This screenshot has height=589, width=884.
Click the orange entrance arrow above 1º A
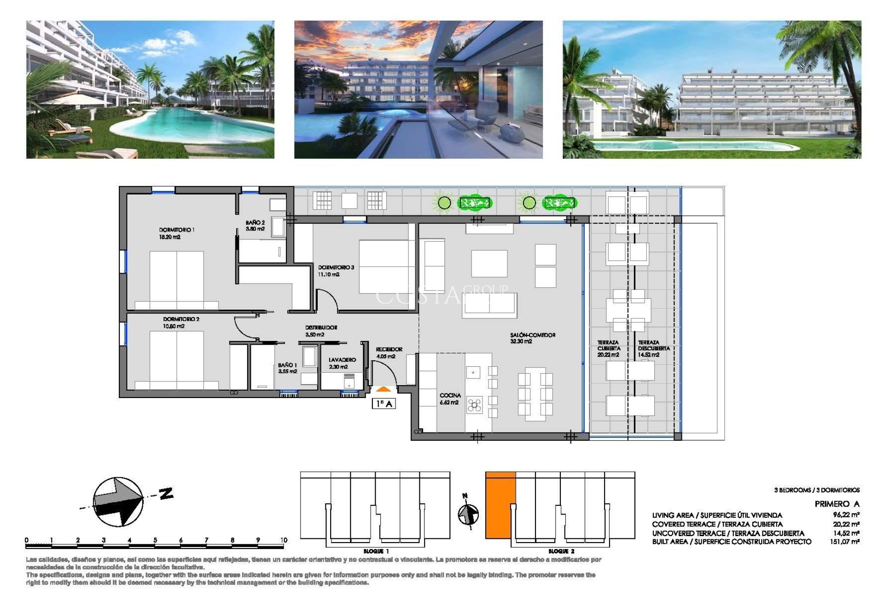point(383,390)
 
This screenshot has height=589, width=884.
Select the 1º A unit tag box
point(384,404)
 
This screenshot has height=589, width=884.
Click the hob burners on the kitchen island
point(474,405)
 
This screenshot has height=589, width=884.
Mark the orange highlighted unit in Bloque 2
point(500,505)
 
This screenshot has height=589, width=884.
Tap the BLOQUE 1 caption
point(376,551)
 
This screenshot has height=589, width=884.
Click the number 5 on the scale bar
point(155,540)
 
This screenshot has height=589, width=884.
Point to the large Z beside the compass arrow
point(166,494)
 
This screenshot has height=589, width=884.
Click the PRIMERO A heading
point(836,504)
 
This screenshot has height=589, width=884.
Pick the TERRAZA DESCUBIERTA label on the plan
point(653,348)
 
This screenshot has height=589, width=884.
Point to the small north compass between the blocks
point(468,513)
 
